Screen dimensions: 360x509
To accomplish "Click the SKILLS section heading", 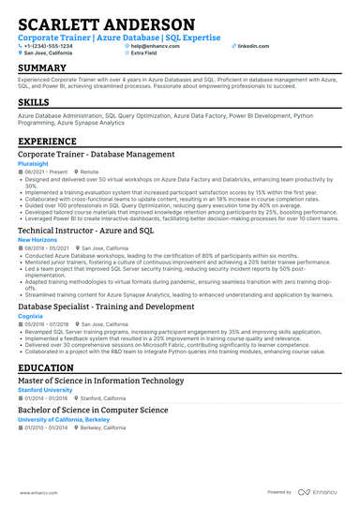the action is (x=34, y=101).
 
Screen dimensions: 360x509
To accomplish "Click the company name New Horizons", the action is (x=37, y=239).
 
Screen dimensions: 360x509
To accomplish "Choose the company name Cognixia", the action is (x=31, y=316).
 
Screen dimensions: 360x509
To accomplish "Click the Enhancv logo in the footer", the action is (x=321, y=491).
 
